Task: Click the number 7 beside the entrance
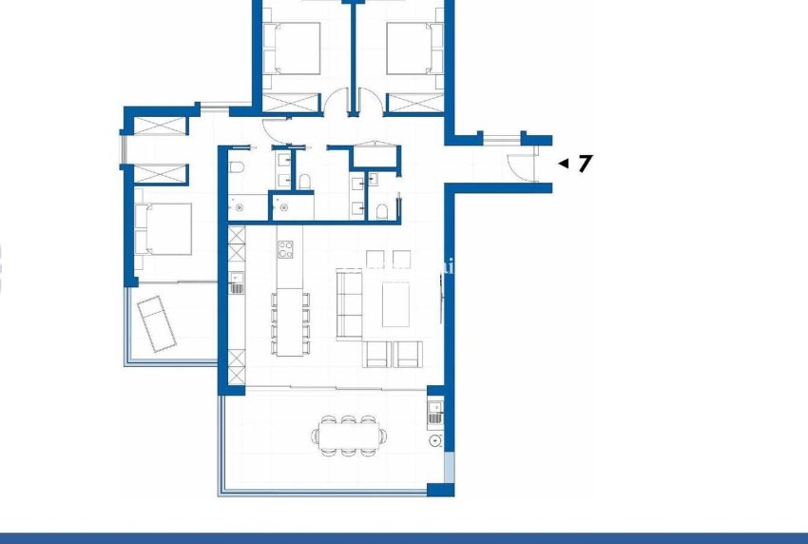(585, 163)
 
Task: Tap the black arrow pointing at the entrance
(563, 164)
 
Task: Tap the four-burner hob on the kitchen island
(286, 249)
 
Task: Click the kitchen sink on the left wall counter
(236, 283)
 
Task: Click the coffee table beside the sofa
(395, 304)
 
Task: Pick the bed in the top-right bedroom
(414, 48)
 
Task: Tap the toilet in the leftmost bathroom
(238, 168)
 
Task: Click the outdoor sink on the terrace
(434, 413)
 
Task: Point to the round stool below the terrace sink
(434, 440)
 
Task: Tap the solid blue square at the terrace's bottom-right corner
(440, 490)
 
